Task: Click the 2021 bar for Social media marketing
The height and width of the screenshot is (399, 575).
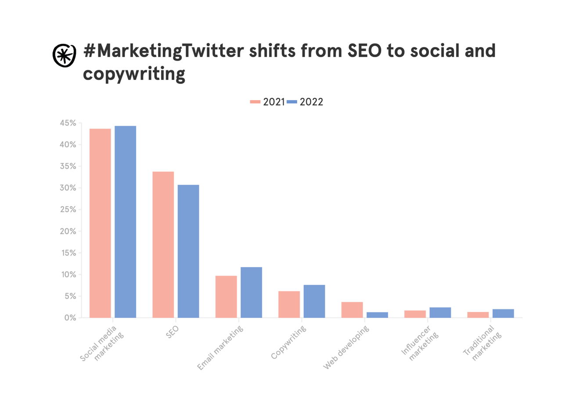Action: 100,223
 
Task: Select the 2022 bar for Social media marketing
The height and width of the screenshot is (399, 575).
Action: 125,221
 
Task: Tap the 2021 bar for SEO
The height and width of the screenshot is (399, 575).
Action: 163,244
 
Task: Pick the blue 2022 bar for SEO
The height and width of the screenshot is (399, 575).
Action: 188,251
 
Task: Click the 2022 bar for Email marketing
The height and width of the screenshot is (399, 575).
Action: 252,292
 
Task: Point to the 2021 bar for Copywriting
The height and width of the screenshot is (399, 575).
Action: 289,304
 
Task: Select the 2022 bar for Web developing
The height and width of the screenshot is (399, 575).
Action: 377,315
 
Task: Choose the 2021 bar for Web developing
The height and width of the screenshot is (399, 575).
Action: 352,309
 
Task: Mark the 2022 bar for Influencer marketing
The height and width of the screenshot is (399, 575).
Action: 440,312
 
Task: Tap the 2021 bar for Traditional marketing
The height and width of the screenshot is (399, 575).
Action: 478,315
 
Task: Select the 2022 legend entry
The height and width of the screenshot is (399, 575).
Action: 305,102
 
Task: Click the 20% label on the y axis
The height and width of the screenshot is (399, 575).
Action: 68,231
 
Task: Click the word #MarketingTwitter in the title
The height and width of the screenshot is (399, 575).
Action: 163,52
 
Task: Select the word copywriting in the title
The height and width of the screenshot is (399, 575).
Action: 134,74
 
